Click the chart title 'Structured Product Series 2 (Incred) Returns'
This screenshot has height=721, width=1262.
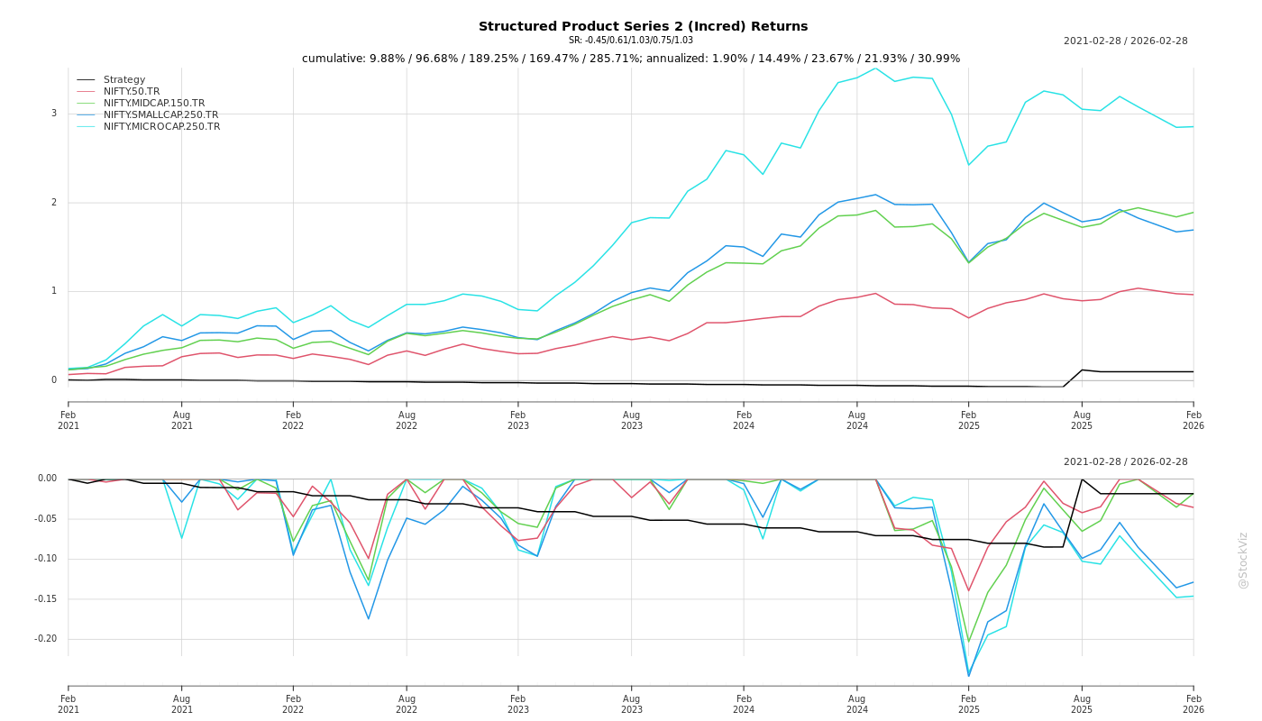[x=643, y=26]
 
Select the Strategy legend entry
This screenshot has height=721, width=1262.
[x=124, y=80]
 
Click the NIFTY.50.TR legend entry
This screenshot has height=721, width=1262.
[x=132, y=92]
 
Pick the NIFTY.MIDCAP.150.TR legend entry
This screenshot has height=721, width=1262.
[x=154, y=104]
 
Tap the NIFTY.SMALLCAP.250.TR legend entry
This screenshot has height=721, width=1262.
[x=160, y=115]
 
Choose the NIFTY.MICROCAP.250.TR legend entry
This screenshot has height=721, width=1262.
[x=161, y=127]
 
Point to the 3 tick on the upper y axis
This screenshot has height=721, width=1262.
[x=54, y=114]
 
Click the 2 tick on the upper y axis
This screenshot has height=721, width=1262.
[x=54, y=203]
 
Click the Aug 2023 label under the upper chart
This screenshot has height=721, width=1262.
[x=631, y=420]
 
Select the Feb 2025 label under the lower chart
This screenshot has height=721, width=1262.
[x=969, y=704]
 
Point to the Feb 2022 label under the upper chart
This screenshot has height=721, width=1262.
[x=293, y=420]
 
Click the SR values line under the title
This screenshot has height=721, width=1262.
[x=630, y=41]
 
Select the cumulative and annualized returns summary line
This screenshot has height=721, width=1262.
[x=630, y=59]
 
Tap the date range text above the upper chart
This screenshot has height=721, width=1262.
[x=1125, y=41]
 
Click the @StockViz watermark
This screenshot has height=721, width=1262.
[x=1243, y=560]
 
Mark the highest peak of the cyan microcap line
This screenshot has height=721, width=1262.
[x=874, y=68]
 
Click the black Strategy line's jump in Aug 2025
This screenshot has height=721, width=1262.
[x=1082, y=370]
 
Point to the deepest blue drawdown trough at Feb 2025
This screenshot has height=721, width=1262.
[x=969, y=676]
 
